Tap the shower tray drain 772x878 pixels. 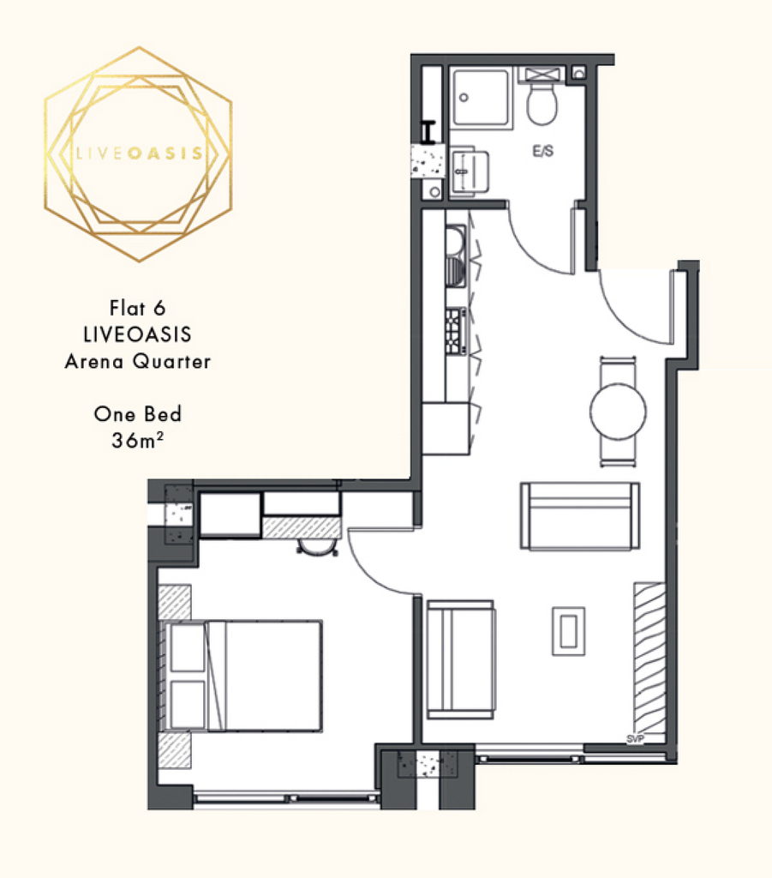pos(464,98)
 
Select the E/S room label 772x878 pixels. pos(542,151)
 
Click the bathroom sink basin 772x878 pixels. pos(469,171)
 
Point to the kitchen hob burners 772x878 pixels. pos(453,331)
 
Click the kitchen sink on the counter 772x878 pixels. pos(455,256)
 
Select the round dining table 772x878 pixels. pos(618,412)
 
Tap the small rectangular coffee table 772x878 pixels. pos(568,631)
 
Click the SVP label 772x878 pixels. pos(636,739)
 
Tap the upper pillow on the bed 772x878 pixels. pos(188,647)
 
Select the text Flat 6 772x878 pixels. pos(138,308)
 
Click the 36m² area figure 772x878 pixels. pos(138,440)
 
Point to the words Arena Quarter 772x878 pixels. pos(138,361)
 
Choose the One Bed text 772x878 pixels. pos(138,414)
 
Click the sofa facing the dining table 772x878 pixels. pos(580,515)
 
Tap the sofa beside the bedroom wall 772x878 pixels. pos(460,659)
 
